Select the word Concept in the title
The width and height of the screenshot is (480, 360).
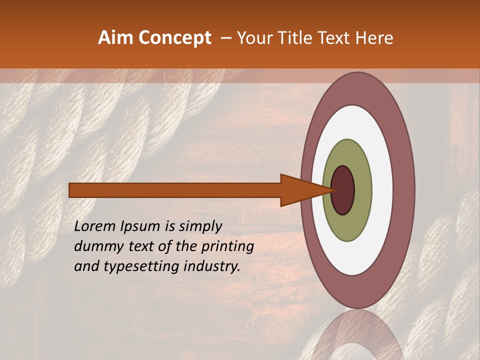pos(174,38)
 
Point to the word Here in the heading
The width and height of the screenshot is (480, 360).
pos(374,38)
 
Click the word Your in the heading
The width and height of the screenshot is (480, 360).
pos(254,38)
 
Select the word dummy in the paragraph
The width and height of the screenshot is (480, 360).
pos(95,246)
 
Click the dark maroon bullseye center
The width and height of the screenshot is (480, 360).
pos(343,190)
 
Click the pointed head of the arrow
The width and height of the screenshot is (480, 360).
pos(300,190)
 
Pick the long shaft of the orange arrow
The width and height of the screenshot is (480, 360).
pos(175,190)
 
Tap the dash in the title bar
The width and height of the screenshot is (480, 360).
pos(225,38)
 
